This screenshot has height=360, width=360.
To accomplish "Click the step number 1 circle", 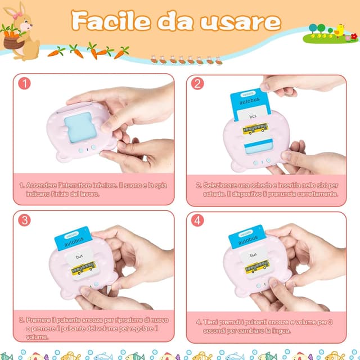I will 24,83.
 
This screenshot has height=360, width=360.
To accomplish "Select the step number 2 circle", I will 197,83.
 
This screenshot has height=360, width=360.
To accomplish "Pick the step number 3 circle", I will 24,220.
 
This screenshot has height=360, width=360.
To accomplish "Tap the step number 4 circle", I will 197,220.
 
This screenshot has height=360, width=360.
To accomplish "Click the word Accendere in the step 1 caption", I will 43,185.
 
